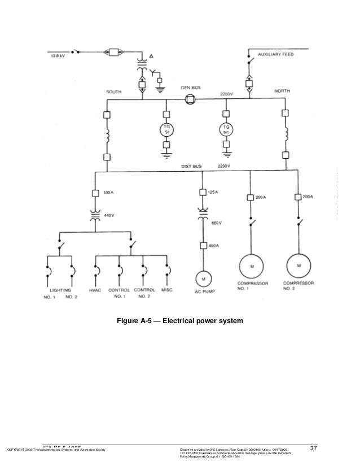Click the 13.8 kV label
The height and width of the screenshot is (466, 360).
(56, 56)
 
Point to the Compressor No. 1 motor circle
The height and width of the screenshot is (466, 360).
(249, 264)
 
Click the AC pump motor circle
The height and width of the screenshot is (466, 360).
(201, 278)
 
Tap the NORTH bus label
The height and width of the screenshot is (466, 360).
(282, 91)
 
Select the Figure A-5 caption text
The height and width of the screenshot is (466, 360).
(179, 321)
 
